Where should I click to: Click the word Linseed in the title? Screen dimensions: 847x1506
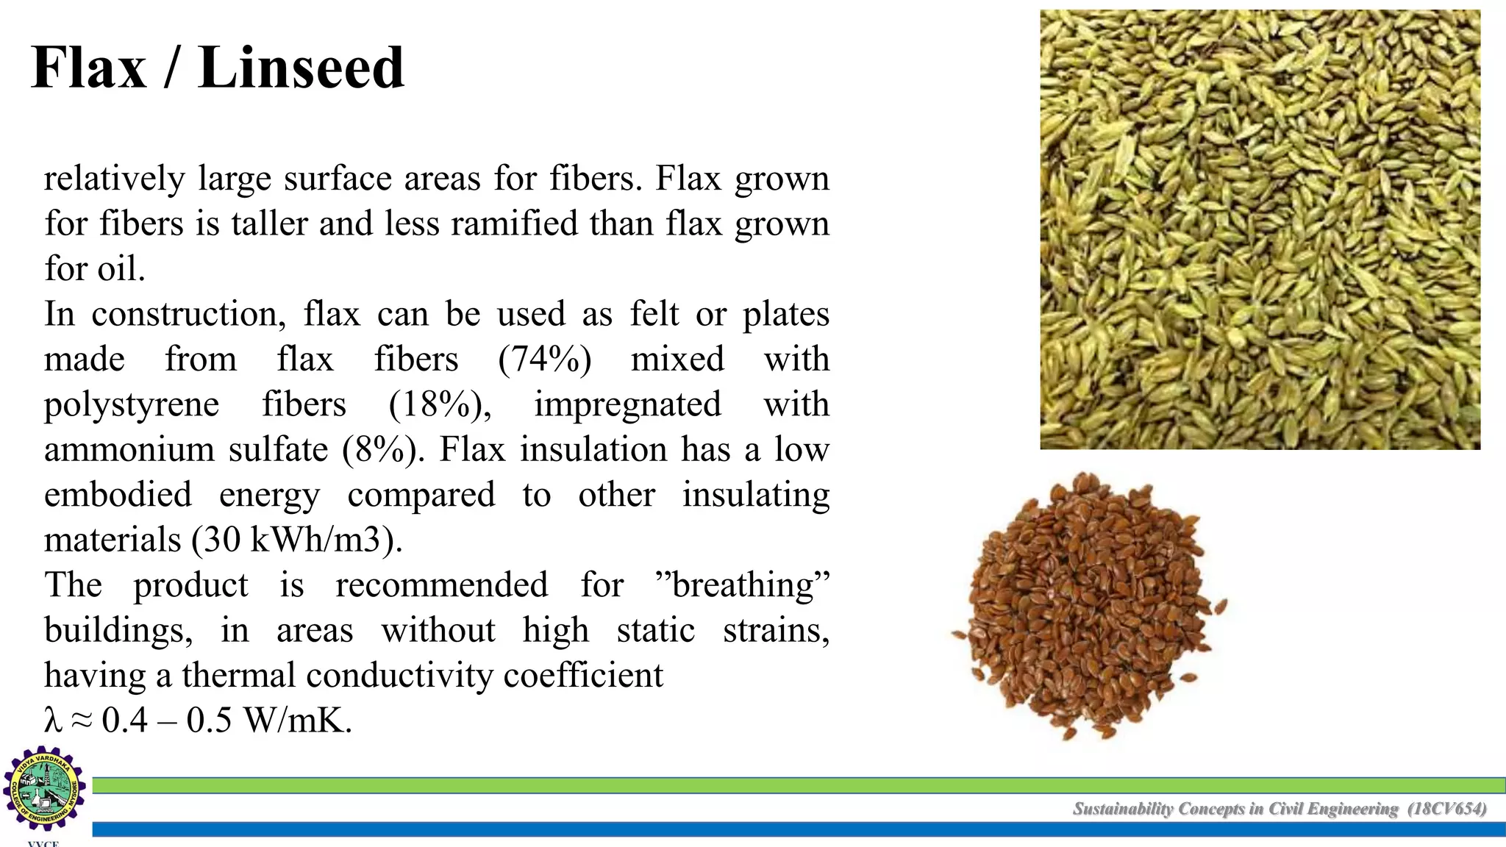(301, 68)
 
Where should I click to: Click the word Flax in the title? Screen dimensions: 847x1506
(89, 68)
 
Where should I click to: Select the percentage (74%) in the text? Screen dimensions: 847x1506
(544, 360)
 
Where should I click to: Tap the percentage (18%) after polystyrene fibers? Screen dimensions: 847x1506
(440, 405)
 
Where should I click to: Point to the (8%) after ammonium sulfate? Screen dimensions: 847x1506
(383, 450)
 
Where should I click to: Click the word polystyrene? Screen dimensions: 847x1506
(132, 405)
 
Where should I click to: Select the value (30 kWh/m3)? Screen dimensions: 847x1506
(297, 540)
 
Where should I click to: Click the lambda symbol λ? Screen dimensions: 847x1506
(52, 721)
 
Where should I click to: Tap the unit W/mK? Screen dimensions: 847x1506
(298, 721)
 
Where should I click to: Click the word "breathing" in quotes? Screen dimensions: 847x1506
(742, 585)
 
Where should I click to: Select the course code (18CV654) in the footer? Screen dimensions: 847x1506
(1446, 810)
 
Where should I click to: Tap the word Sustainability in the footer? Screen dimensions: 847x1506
(1123, 810)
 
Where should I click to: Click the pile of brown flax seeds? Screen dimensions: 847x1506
(1088, 607)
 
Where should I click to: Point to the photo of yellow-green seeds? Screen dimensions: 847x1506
(1260, 229)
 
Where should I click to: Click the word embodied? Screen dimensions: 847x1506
(118, 495)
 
